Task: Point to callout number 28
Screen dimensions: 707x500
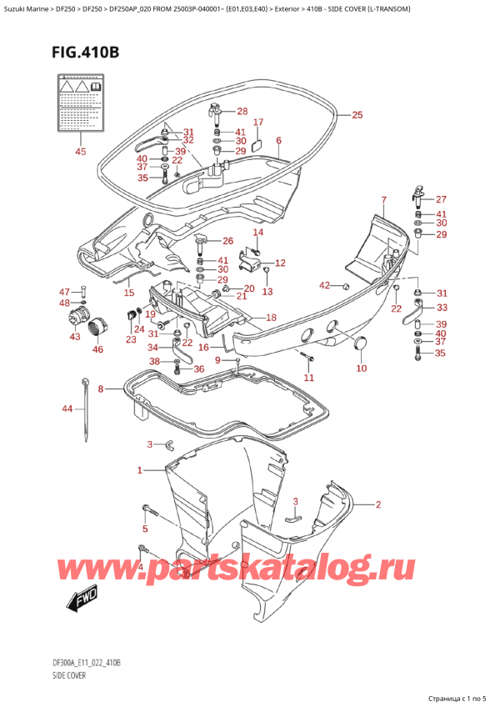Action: (242, 112)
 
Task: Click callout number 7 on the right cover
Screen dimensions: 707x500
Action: (383, 199)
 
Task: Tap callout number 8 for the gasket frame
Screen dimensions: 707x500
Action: (101, 389)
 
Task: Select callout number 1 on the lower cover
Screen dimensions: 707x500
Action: (140, 471)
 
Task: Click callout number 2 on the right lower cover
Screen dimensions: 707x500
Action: (377, 504)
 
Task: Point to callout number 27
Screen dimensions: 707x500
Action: (441, 199)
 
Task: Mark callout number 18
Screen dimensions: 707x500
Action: (270, 318)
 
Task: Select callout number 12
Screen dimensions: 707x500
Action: (280, 263)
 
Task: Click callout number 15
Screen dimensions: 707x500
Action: (128, 292)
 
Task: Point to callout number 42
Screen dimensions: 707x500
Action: (324, 286)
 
